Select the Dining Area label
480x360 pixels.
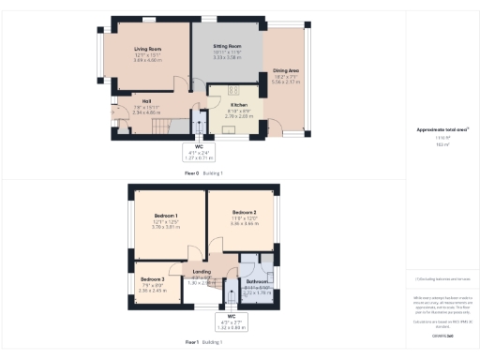[286, 70]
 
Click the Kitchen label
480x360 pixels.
[238, 105]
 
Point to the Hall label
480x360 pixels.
[147, 100]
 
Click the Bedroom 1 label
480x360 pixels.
[165, 215]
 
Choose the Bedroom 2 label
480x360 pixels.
[245, 213]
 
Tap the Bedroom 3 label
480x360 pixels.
[152, 279]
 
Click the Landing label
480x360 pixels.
[201, 271]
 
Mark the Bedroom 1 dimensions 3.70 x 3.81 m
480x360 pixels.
[165, 227]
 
